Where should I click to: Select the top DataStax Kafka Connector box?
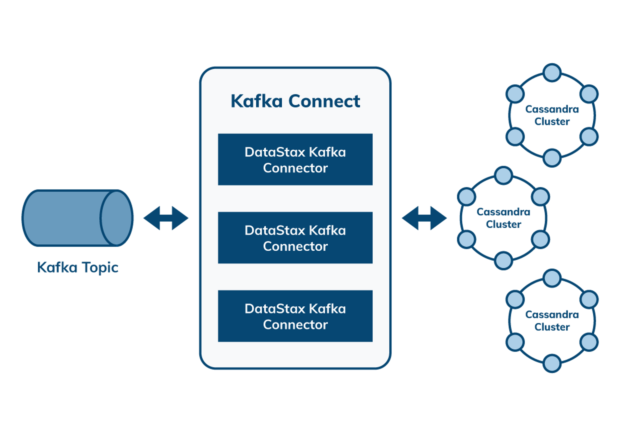(295, 159)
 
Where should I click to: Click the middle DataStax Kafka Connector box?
(295, 238)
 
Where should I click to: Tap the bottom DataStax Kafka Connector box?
(295, 316)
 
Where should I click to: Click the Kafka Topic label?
(78, 268)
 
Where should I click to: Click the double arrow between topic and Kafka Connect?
(166, 218)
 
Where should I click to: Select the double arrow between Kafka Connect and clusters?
(424, 218)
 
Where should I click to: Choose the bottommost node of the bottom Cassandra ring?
(552, 363)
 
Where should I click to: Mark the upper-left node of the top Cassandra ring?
(515, 94)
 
